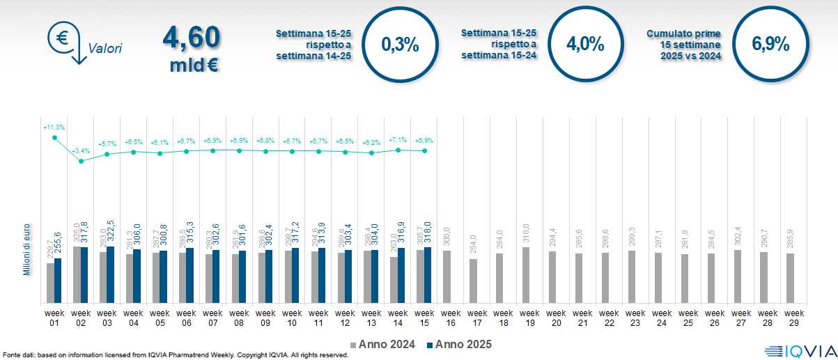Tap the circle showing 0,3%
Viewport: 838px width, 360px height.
coord(400,45)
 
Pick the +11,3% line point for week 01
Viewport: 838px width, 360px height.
coord(54,138)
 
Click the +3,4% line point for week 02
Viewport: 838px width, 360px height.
coord(81,161)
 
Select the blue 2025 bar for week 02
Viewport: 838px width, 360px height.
coord(84,275)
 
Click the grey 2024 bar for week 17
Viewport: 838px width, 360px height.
coord(473,281)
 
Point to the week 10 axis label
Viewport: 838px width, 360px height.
coord(292,318)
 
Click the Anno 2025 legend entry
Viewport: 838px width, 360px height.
coord(459,345)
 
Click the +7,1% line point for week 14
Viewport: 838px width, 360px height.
coord(398,150)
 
